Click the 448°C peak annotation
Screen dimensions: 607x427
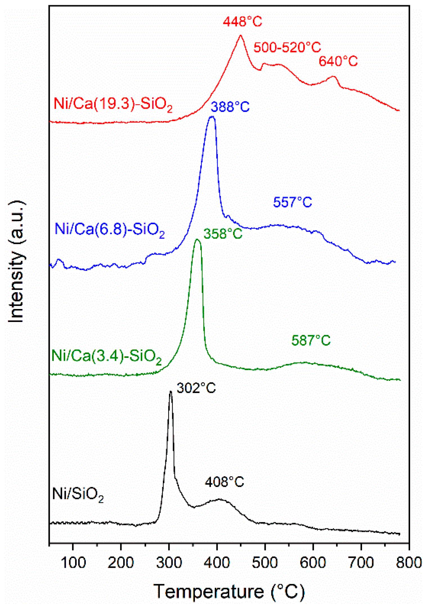click(242, 22)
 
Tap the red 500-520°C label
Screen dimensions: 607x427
click(287, 47)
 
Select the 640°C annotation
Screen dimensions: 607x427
click(338, 61)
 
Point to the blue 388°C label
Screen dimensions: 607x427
click(230, 107)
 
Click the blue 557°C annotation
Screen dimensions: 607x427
click(293, 202)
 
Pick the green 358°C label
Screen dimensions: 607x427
click(223, 234)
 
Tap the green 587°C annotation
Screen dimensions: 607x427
click(311, 341)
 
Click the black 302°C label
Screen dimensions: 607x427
click(196, 388)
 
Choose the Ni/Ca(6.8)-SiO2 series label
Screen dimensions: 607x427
click(110, 230)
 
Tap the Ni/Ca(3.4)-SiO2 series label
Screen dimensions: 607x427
click(107, 356)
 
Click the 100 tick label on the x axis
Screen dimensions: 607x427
click(73, 563)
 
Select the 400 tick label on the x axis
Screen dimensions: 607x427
click(217, 563)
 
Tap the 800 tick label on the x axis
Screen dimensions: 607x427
click(409, 563)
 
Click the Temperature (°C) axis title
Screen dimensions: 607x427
click(229, 591)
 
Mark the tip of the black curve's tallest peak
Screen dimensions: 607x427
click(170, 391)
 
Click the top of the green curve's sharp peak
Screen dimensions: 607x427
click(197, 240)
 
